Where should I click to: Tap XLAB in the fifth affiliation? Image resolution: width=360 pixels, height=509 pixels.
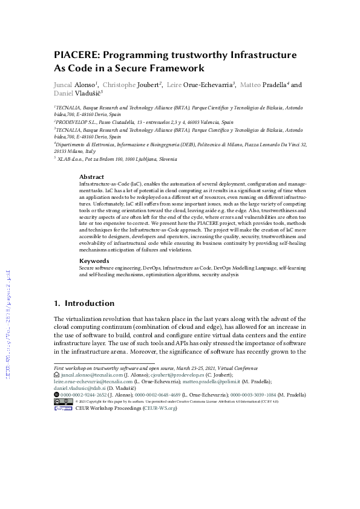pos(65,159)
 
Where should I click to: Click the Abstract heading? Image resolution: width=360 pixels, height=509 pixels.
pos(91,177)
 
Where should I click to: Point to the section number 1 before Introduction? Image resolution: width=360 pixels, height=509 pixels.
pos(56,303)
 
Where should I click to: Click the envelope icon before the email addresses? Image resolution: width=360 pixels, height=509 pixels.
pos(56,375)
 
